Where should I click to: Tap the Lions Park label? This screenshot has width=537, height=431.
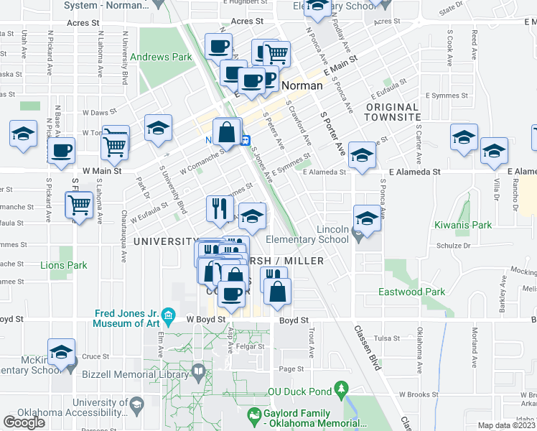(x=64, y=265)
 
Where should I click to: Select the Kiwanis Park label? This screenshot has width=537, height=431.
(x=463, y=225)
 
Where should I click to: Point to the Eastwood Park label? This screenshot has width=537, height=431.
(x=412, y=292)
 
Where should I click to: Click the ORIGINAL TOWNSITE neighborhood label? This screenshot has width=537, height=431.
(x=393, y=112)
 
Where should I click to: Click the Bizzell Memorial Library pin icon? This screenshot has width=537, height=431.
(x=199, y=372)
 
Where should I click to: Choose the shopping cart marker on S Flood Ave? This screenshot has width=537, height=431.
(x=80, y=205)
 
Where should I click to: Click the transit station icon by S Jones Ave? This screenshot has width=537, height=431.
(x=246, y=139)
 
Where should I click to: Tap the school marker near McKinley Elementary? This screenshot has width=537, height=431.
(x=62, y=352)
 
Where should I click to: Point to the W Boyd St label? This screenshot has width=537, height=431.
(x=206, y=319)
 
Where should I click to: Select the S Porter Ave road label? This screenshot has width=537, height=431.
(x=332, y=133)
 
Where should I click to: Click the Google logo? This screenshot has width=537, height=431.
(x=24, y=422)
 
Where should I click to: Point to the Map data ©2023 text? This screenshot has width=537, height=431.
(x=507, y=425)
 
